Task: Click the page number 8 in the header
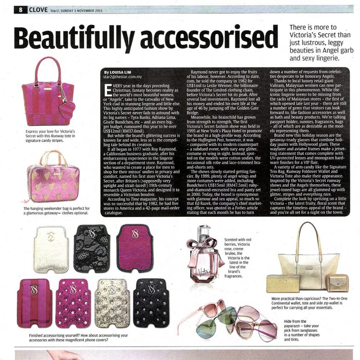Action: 21,10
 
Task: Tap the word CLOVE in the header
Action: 38,10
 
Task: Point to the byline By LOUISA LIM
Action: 117,72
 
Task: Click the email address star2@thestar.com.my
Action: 122,77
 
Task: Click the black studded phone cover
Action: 151,302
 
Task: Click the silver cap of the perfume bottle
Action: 204,230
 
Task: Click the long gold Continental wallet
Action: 283,283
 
